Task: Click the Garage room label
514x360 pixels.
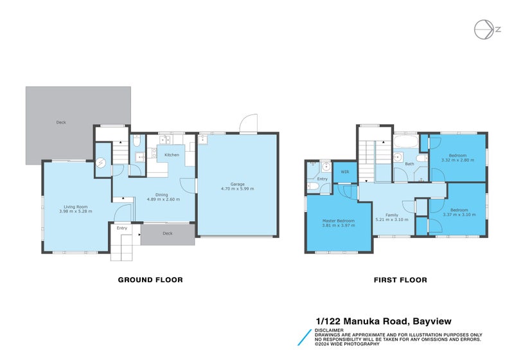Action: click(x=237, y=184)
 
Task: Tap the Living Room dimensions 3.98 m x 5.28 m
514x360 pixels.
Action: click(x=75, y=212)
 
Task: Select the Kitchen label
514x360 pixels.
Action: click(x=172, y=155)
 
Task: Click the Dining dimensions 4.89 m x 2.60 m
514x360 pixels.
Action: click(x=163, y=199)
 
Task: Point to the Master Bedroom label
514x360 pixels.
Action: click(x=338, y=221)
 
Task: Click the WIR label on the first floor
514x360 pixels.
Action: click(x=344, y=172)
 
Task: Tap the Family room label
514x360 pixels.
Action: click(x=391, y=215)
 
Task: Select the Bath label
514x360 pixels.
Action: click(x=409, y=164)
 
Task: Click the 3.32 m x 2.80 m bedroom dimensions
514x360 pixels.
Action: click(x=457, y=160)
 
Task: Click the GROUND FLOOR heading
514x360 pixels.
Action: click(x=150, y=280)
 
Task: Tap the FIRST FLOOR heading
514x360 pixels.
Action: click(x=400, y=280)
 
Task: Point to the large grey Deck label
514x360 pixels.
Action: click(x=60, y=122)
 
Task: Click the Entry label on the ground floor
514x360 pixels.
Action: click(x=121, y=228)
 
